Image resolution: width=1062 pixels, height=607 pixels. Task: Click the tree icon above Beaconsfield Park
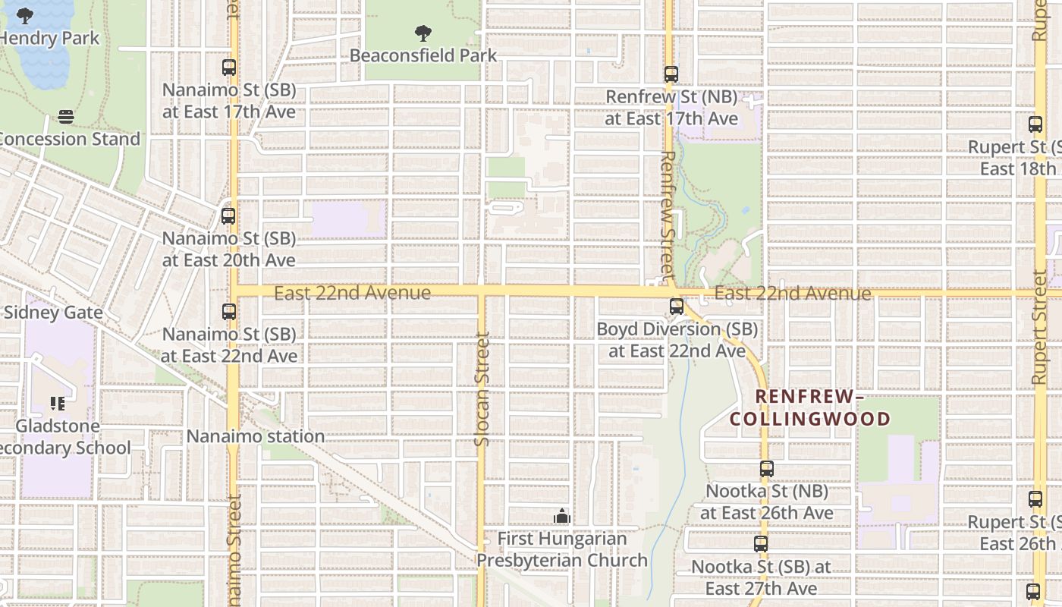point(423,33)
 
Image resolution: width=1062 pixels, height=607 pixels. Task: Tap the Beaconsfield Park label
point(423,55)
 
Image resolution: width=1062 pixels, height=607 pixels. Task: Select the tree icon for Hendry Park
point(25,16)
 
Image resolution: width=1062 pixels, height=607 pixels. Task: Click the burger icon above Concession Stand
point(66,117)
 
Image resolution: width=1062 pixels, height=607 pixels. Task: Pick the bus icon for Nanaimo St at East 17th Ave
point(229,68)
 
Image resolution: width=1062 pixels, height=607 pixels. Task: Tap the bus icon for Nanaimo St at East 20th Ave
point(228,216)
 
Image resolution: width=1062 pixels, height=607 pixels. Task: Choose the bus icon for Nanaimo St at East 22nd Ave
point(229,312)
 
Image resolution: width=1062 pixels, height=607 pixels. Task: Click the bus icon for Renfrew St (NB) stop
point(671,74)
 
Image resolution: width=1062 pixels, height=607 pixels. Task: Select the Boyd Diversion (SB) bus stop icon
point(677,307)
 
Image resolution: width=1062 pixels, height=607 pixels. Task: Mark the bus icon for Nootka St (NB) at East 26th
point(767,470)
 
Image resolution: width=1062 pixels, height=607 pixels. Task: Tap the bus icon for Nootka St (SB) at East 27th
point(761,544)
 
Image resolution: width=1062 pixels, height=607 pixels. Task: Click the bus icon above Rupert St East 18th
point(1035,125)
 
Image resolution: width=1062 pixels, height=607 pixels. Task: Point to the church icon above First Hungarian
point(561,517)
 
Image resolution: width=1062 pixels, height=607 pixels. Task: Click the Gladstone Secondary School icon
point(58,404)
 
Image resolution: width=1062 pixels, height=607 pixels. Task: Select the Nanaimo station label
point(256,436)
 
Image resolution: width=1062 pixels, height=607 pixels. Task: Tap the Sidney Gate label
point(53,312)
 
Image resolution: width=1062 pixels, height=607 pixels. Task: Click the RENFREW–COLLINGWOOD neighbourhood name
point(810,407)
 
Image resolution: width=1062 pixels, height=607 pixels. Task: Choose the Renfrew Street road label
point(668,214)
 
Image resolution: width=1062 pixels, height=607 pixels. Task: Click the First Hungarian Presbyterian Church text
point(562,549)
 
